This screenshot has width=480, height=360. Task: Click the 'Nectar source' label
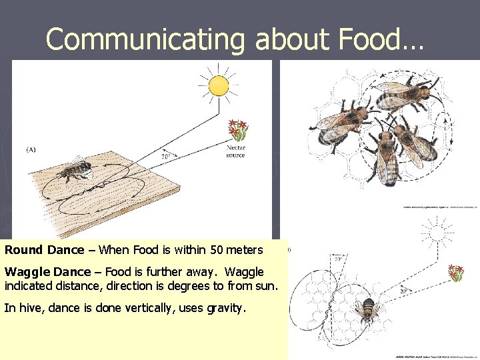pos(236,151)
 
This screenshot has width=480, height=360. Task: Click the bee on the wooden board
pos(75,171)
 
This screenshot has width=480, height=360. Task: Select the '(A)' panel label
pos(31,150)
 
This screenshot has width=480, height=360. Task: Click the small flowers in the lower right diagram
pos(456,273)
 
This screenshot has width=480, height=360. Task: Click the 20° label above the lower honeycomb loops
pos(338,259)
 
